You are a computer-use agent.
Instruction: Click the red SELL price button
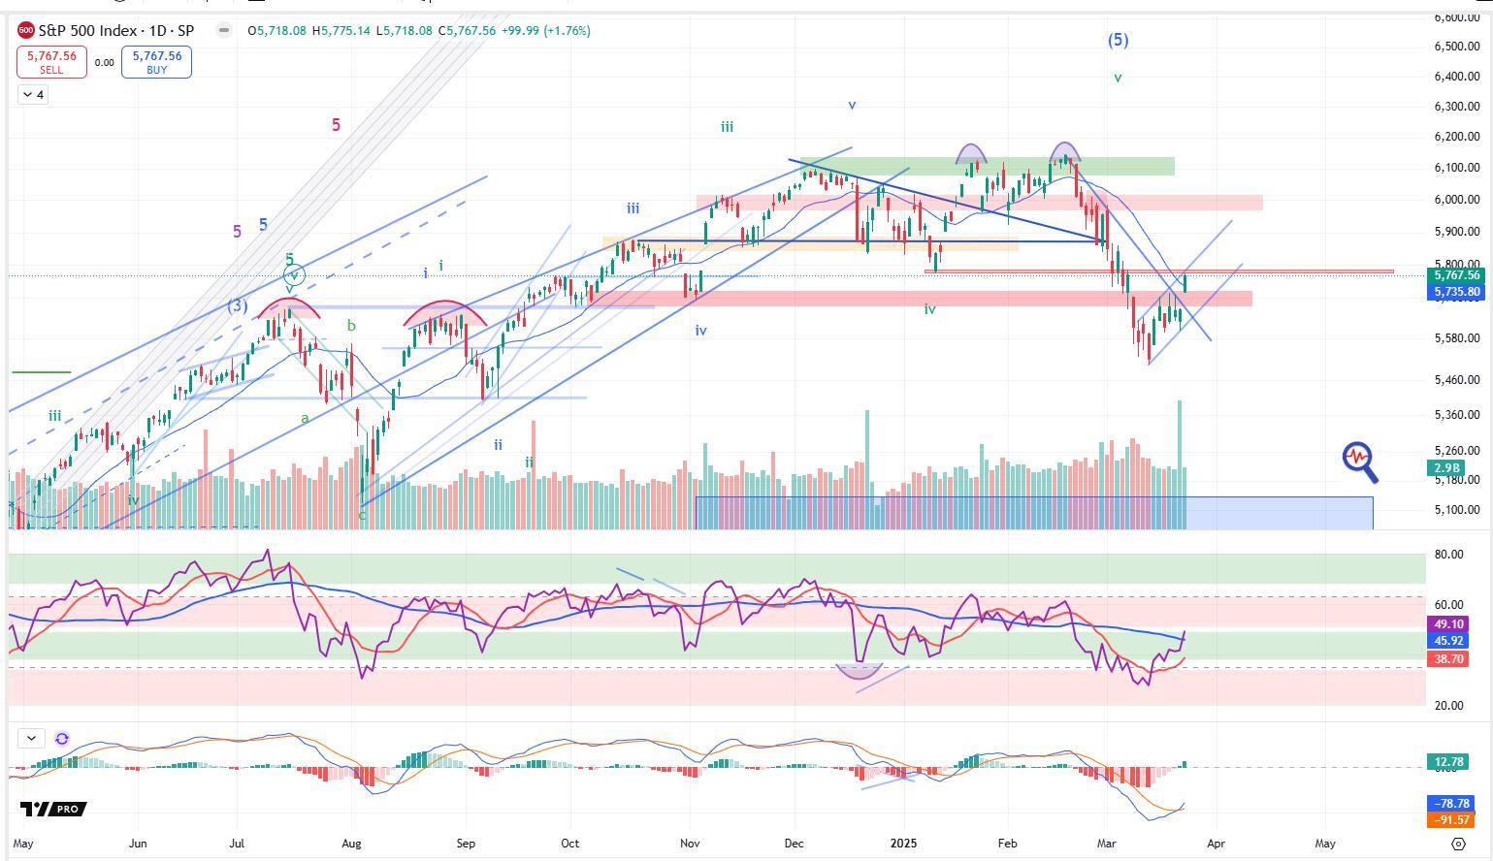click(x=51, y=62)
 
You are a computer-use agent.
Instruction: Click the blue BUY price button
click(x=156, y=62)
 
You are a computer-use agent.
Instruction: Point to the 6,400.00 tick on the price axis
click(x=1456, y=77)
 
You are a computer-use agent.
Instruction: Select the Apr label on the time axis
click(x=1216, y=844)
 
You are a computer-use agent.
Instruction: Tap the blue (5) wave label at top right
click(x=1119, y=40)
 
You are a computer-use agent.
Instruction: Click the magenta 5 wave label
click(x=336, y=125)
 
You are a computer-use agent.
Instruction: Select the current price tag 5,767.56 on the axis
click(x=1456, y=275)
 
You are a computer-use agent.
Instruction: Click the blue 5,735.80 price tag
click(x=1456, y=292)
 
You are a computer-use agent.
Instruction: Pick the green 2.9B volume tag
click(x=1448, y=468)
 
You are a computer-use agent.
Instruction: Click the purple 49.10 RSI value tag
click(x=1448, y=624)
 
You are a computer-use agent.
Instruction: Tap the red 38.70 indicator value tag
click(x=1448, y=658)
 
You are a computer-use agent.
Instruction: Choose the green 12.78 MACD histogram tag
click(x=1448, y=762)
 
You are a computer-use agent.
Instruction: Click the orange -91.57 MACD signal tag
click(x=1448, y=820)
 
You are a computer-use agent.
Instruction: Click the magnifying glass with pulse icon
click(x=1360, y=461)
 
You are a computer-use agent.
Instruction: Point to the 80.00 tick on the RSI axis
click(x=1449, y=555)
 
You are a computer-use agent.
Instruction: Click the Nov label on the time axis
click(x=690, y=844)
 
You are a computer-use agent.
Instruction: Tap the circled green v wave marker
click(x=294, y=275)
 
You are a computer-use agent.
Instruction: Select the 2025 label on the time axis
click(x=903, y=844)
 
